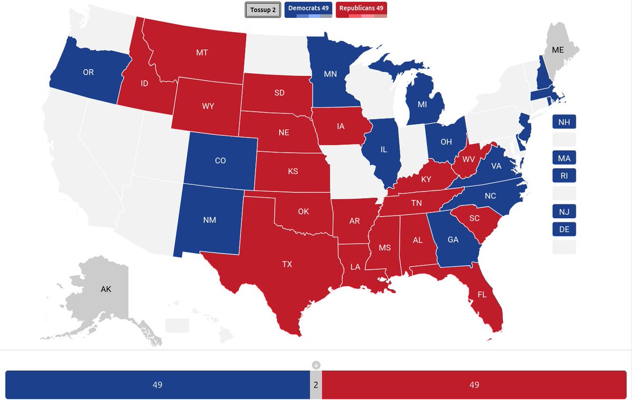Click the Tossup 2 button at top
[263, 9]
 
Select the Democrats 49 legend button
[308, 9]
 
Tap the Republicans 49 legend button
[361, 9]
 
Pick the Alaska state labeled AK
[106, 289]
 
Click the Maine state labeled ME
[557, 50]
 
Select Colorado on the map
[220, 160]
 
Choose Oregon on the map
[88, 72]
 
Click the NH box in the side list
[564, 122]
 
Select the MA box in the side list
[564, 158]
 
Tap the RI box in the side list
[564, 175]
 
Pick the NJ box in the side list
[564, 212]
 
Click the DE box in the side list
[564, 229]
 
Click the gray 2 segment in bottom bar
[315, 385]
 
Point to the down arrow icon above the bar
[316, 365]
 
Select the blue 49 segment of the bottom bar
[157, 385]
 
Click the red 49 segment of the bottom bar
[474, 385]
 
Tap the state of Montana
[201, 53]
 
